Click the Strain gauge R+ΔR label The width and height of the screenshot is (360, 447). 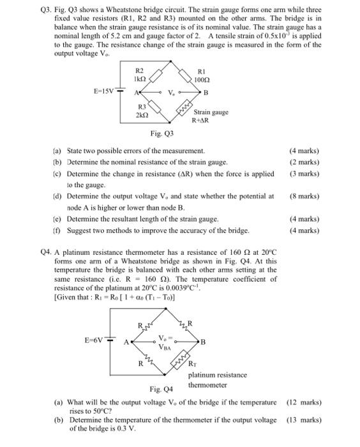coord(211,116)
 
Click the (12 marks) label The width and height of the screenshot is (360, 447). coord(304,402)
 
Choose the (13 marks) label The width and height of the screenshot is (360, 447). coord(304,420)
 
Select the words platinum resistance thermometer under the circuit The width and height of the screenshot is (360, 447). coord(217,380)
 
